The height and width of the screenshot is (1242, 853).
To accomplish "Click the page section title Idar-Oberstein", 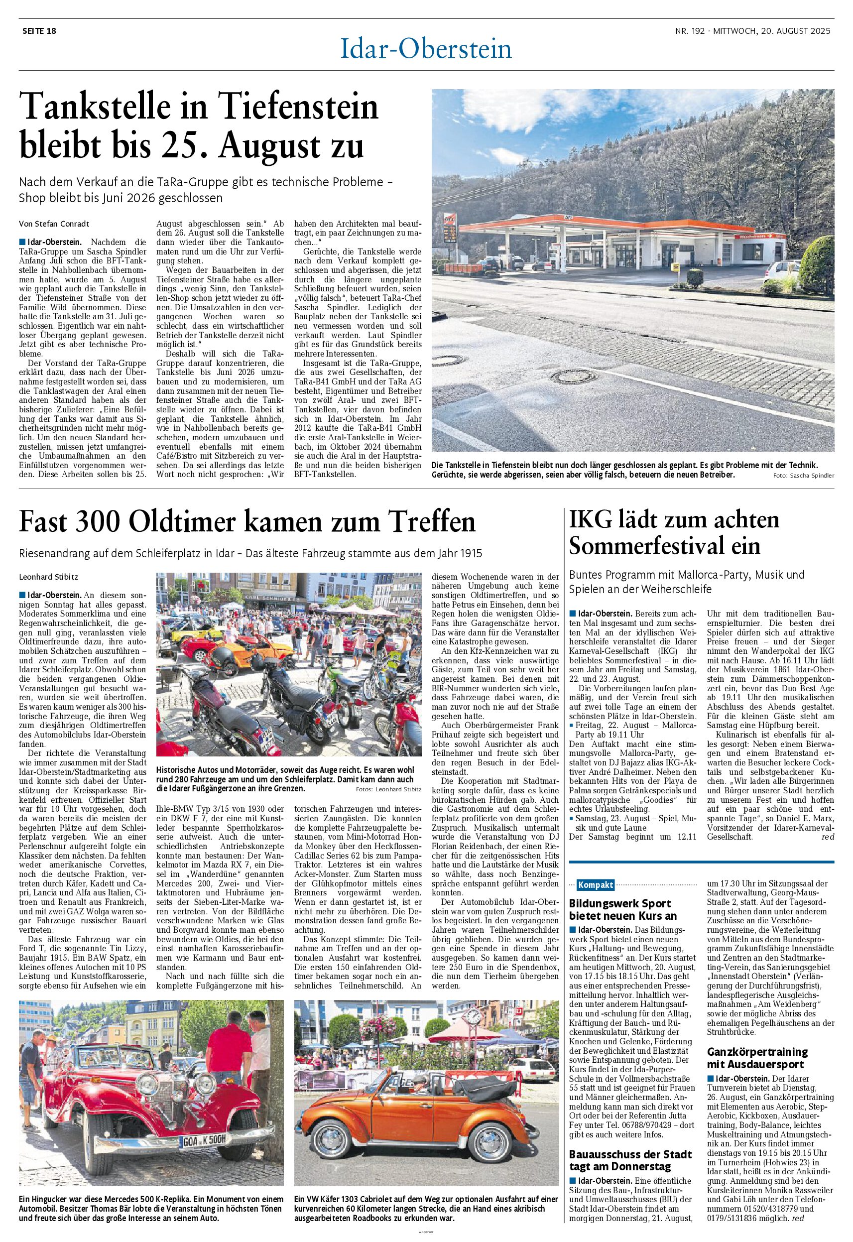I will pos(426,50).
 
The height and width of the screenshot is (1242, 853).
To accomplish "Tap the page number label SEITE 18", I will pos(39,31).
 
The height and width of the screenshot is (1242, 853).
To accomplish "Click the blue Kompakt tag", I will pos(595,885).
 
